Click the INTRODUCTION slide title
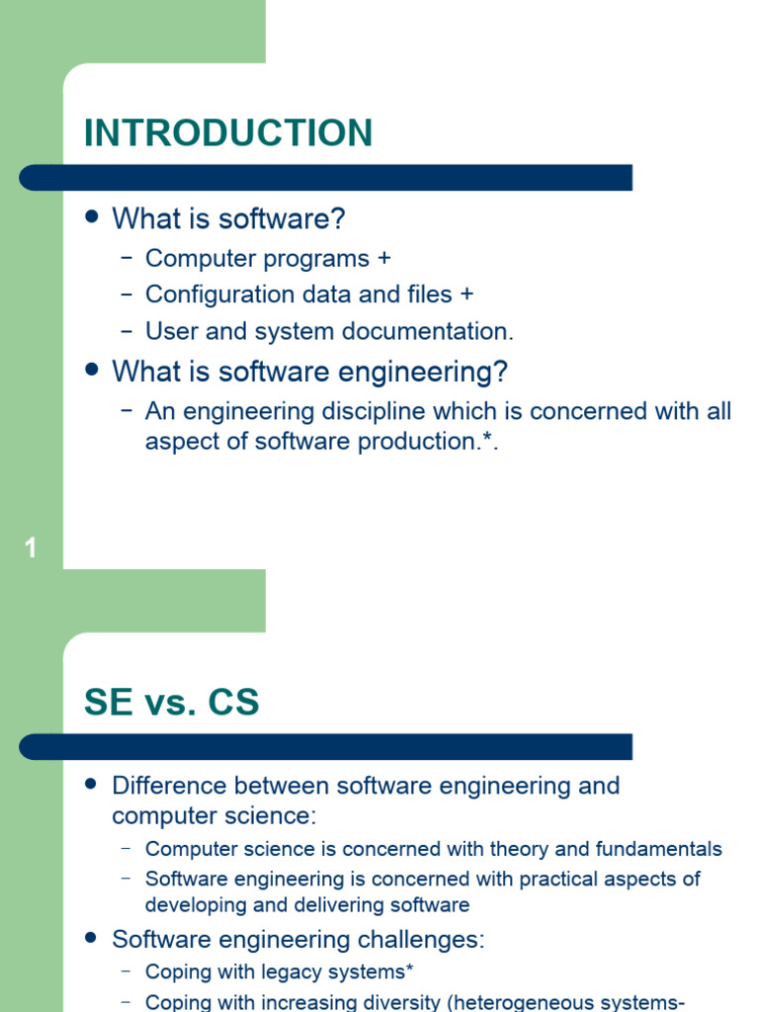228,133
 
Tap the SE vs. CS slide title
172,703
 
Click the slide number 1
31,548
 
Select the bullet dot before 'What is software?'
94,215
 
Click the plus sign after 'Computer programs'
384,258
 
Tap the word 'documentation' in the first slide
435,331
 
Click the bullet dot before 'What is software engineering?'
94,370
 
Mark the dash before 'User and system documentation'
126,331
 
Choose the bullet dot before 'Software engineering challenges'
94,937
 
